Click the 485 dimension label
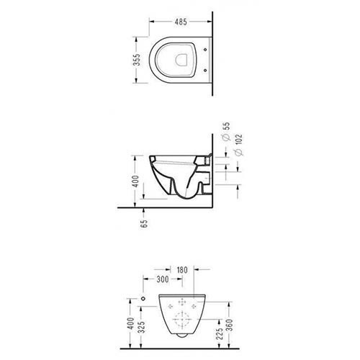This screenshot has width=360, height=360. coord(181,22)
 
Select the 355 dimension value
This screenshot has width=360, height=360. coord(137,60)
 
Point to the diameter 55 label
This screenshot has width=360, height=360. coord(226,131)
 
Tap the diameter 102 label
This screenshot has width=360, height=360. coord(239,145)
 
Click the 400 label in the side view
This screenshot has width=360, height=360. coord(135,181)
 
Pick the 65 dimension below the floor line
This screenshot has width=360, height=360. coord(145,224)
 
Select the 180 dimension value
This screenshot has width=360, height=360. coord(182,270)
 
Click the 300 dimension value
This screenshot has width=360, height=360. coord(163,279)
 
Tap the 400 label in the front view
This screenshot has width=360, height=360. coord(130,323)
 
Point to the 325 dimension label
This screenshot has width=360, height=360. coord(142,327)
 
